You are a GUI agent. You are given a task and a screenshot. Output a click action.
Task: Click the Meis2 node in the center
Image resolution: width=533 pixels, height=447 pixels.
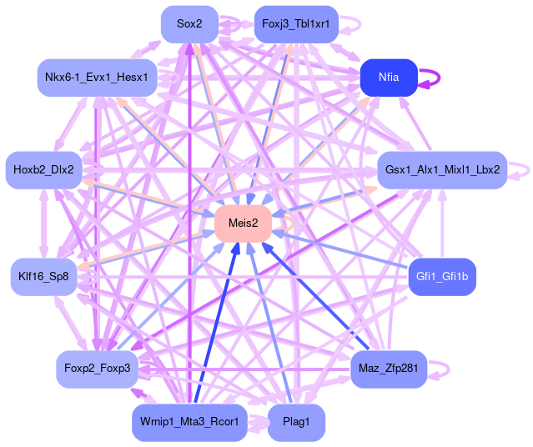[x=243, y=223]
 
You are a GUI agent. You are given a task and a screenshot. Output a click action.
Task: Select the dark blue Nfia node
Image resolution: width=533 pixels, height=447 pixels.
[x=389, y=77]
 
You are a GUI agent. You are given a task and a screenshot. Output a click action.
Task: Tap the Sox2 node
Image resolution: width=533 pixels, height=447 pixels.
[x=189, y=23]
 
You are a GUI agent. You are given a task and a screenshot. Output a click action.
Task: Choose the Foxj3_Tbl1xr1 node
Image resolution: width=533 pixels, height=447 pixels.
[x=295, y=23]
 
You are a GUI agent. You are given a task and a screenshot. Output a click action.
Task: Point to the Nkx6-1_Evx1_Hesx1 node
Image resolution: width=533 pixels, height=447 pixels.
[x=97, y=78]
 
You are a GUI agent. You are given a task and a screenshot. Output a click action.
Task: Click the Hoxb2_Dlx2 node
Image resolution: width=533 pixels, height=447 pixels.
[x=43, y=169]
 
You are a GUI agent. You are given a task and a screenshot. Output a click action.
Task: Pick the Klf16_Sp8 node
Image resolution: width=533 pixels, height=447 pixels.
[x=44, y=276]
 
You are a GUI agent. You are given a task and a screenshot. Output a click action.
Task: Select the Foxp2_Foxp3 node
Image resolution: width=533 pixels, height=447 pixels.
[x=97, y=369]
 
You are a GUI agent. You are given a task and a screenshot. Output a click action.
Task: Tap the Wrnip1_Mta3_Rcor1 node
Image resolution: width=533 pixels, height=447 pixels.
[x=189, y=422]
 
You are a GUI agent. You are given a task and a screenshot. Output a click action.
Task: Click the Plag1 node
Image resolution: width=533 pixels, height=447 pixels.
[x=296, y=422]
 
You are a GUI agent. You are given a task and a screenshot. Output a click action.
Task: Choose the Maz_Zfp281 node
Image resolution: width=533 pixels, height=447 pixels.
[x=389, y=368]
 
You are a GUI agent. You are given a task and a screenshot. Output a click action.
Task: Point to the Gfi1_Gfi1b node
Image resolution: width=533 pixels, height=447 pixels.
[x=441, y=276]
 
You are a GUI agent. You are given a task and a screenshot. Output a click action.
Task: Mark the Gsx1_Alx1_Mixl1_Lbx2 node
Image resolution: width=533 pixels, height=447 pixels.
[x=442, y=169]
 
